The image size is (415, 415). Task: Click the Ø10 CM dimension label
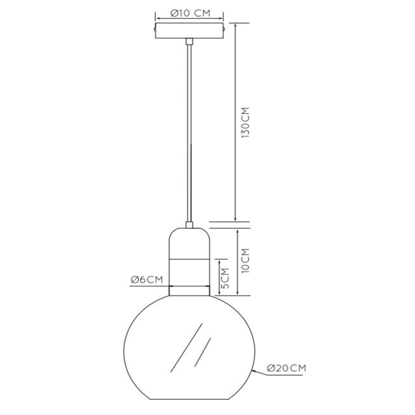190,13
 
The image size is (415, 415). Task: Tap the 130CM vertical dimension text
245,122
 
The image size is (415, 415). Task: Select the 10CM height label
245,261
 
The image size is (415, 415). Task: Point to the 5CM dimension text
225,278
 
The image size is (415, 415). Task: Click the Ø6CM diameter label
147,280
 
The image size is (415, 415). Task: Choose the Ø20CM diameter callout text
286,368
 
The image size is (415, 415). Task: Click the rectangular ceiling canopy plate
189,31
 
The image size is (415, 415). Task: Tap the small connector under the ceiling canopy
189,41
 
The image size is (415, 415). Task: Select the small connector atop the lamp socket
189,225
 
